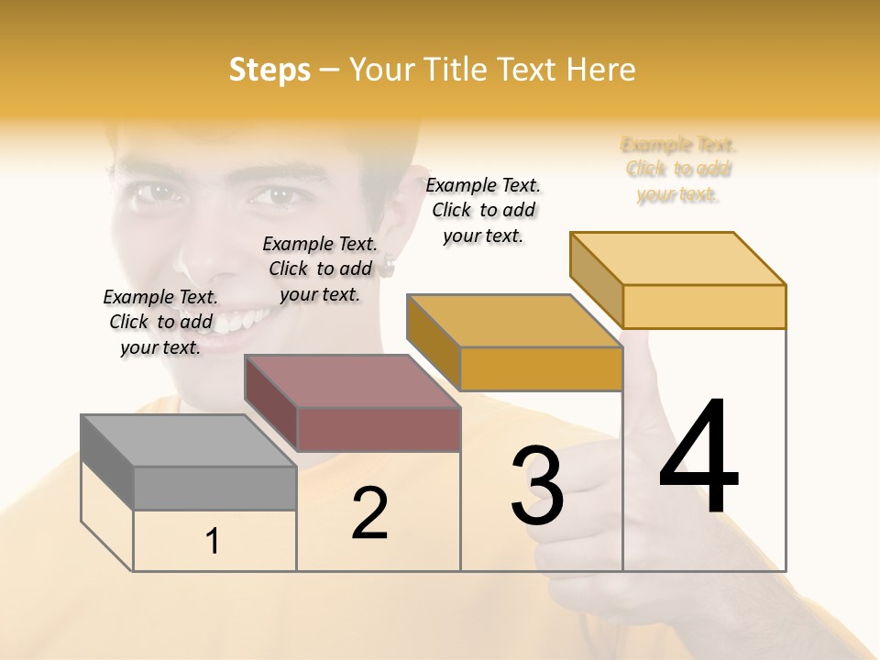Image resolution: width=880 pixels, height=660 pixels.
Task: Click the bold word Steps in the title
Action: pos(269,70)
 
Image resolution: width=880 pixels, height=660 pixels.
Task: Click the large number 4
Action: pos(699,457)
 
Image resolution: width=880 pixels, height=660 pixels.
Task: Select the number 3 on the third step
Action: pos(537,486)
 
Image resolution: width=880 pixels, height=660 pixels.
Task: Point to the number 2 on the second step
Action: pos(369,514)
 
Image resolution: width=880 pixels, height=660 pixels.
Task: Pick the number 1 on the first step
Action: pos(213,542)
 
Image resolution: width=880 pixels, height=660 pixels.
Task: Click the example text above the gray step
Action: pos(160,322)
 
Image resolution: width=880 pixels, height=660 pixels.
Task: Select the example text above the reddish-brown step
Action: pos(320,269)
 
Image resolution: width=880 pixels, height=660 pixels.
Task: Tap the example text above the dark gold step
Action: pos(483,210)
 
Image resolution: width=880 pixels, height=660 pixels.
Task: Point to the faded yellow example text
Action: pos(678,170)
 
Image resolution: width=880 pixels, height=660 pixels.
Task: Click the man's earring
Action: pos(388,268)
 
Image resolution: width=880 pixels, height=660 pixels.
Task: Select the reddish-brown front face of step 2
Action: pos(379,429)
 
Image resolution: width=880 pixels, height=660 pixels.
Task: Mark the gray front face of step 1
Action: pos(214,488)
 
